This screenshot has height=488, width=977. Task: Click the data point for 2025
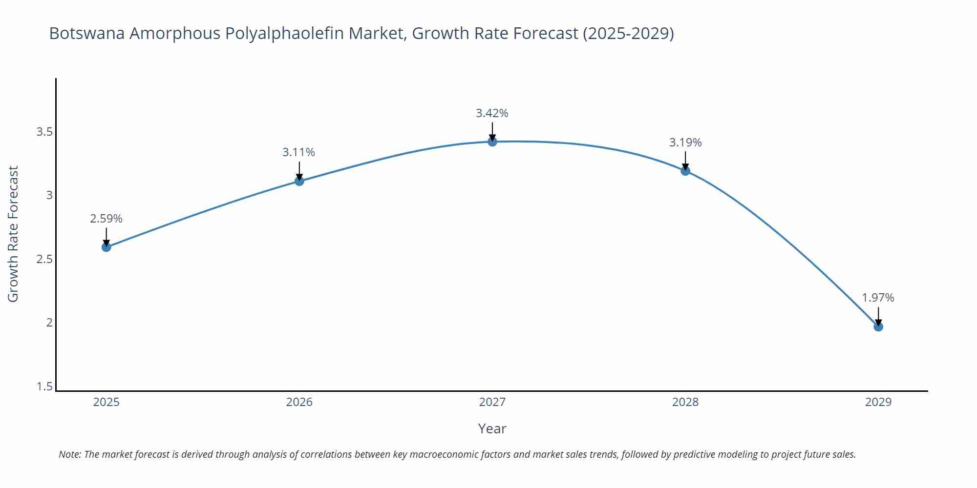coord(106,247)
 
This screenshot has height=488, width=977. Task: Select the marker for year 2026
coord(299,181)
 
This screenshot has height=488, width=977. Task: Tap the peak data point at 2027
coord(492,142)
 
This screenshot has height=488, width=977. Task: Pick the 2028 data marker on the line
coord(685,171)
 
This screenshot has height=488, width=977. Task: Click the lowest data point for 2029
coord(878,326)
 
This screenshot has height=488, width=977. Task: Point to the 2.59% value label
coord(106,219)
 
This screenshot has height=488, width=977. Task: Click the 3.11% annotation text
coord(298,152)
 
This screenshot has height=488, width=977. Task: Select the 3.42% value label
coord(492,113)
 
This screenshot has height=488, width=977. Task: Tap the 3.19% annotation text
coord(685,142)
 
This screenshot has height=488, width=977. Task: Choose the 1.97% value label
coord(878,298)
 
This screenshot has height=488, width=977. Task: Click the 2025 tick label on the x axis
coord(106,402)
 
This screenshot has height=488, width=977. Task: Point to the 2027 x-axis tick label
coord(492,402)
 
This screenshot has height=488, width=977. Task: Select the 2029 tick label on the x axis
coord(878,402)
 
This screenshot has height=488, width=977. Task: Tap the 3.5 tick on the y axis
coord(44,132)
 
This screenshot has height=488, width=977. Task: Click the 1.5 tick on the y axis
coord(44,387)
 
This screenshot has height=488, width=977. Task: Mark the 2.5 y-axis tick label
coord(44,259)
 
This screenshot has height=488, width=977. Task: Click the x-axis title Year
coord(492,428)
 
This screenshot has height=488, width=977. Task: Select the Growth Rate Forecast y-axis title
coord(13,234)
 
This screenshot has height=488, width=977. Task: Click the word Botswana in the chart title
coord(86,34)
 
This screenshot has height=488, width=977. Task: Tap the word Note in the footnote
coord(69,454)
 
